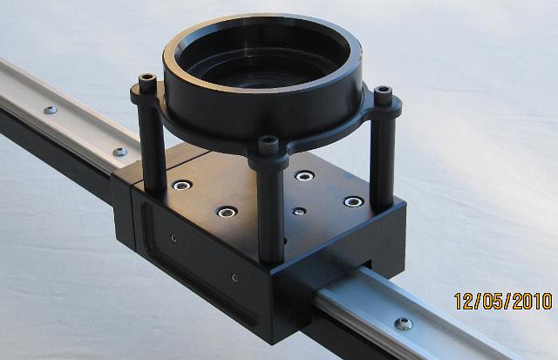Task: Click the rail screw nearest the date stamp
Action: coord(404,323)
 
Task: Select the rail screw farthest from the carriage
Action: coord(51,110)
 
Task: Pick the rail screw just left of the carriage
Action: coord(120,152)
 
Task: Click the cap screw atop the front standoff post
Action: coord(269,143)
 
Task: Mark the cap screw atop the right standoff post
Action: coord(384,94)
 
